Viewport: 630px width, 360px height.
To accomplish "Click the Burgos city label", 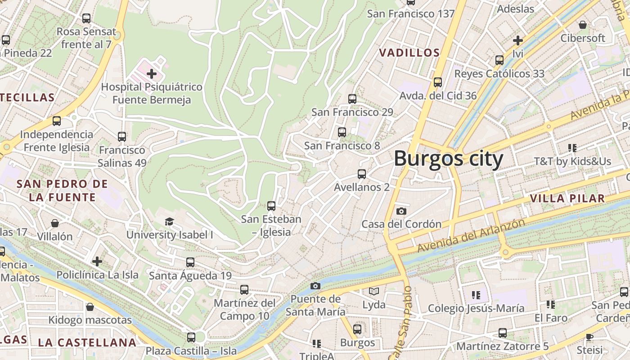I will click(448, 159).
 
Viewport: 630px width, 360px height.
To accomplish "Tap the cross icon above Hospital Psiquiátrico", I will click(152, 73).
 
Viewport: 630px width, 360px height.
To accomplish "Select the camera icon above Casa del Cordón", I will click(401, 211).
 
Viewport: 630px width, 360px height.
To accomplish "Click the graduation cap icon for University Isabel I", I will click(169, 221).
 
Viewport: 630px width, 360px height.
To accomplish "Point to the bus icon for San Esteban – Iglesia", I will click(271, 206).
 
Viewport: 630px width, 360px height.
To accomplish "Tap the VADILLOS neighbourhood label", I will click(409, 53).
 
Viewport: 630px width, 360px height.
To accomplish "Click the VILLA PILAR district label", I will click(567, 198).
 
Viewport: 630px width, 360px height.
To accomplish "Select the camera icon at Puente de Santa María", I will click(315, 286).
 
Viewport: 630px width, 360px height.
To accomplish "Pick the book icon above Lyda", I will click(374, 292).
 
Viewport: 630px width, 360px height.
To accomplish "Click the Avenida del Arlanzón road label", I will click(471, 235).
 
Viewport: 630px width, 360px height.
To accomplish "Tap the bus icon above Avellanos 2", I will click(361, 174).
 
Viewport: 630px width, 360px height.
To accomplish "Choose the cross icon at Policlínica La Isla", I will click(97, 261).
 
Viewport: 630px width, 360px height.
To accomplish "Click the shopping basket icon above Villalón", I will click(55, 223).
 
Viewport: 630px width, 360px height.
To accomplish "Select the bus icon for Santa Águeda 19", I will click(190, 262).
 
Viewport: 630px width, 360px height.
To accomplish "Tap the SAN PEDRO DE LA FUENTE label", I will click(62, 190).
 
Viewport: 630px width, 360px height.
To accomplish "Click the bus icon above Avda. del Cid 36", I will click(438, 82).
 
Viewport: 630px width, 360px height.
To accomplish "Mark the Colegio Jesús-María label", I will click(476, 308).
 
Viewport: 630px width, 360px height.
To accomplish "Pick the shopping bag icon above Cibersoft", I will click(583, 25).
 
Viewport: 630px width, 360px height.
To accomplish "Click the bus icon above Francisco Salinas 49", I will click(122, 136).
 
